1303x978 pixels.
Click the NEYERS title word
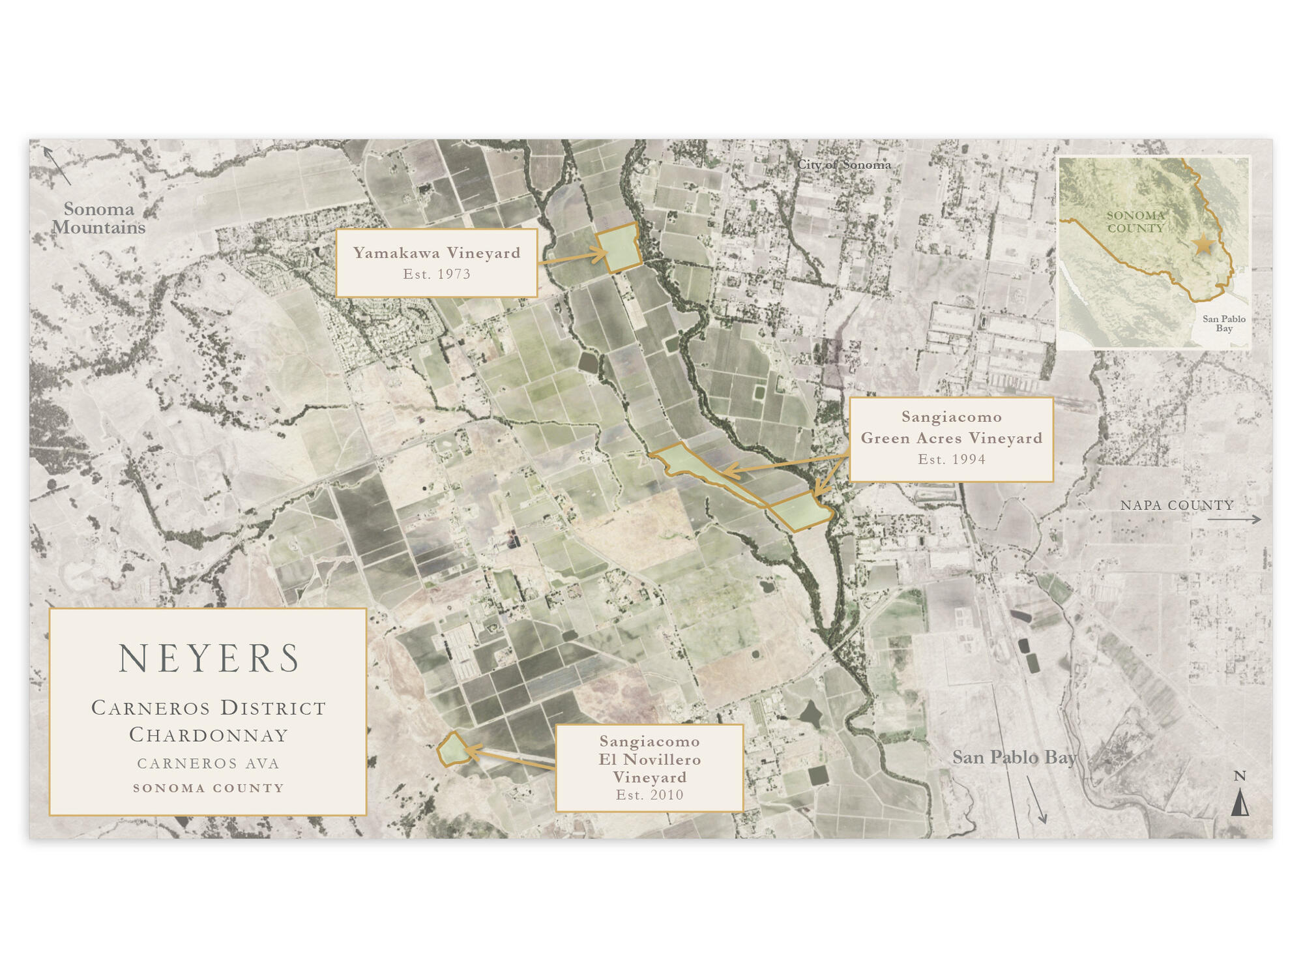point(209,659)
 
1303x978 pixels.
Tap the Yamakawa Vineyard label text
point(437,253)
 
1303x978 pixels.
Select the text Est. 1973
point(437,274)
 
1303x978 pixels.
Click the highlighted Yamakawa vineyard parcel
point(620,248)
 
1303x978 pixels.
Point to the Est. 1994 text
point(951,460)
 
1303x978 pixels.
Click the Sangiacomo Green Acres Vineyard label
point(951,428)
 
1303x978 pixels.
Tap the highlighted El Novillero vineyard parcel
point(453,750)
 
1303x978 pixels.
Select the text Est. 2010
point(649,795)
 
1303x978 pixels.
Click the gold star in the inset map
point(1203,245)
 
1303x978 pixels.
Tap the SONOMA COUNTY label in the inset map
point(1135,222)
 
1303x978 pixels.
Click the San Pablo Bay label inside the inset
point(1223,323)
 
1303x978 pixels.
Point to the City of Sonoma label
point(843,165)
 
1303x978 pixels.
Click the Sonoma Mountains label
point(99,218)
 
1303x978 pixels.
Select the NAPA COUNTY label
point(1177,505)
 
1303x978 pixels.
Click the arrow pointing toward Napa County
point(1233,520)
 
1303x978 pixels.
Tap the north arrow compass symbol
point(1240,801)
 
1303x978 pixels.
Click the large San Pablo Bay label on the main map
point(1014,758)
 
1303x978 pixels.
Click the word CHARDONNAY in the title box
point(209,735)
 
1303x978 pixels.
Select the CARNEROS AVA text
point(209,763)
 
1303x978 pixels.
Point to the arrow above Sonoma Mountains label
point(57,166)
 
